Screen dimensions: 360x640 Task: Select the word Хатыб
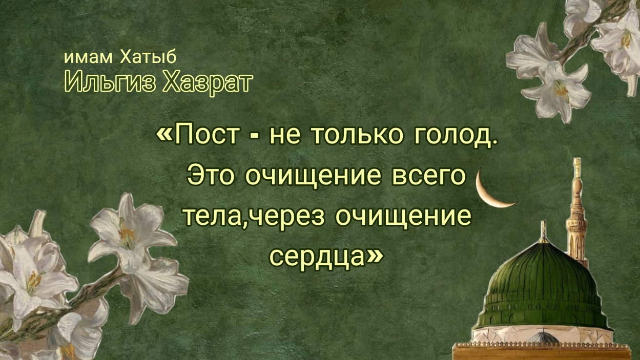click(148, 57)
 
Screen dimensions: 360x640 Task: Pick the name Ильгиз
click(109, 82)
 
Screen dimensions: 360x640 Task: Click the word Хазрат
click(208, 82)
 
